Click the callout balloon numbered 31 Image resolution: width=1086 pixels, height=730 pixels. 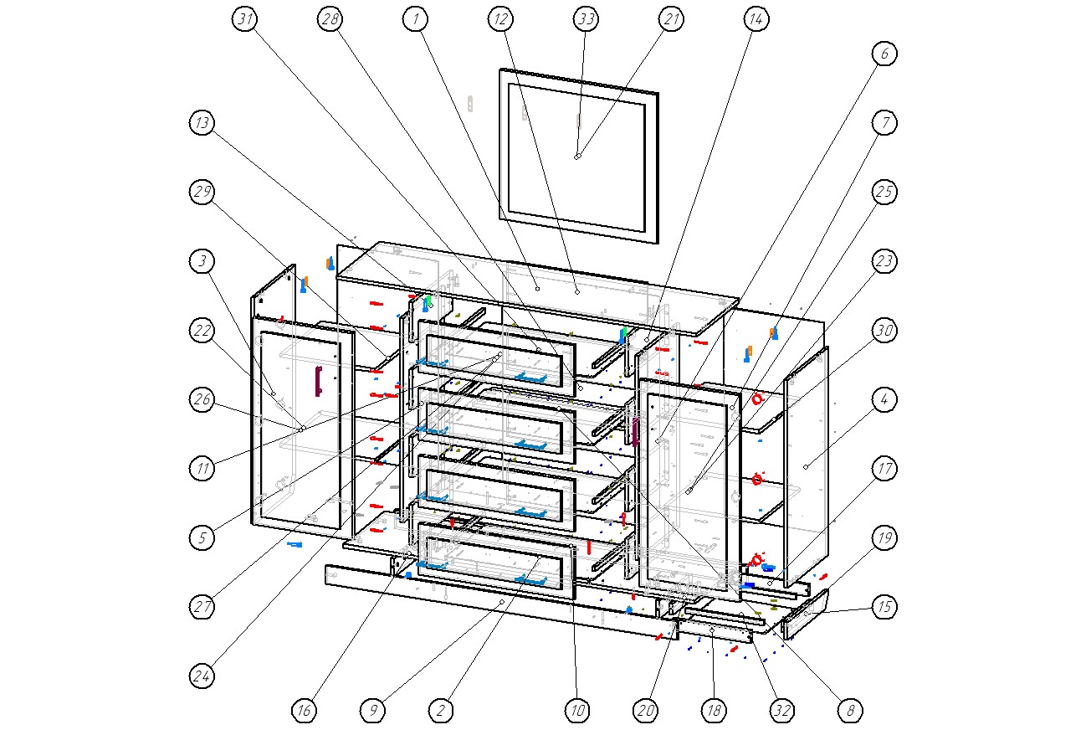pyautogui.click(x=244, y=19)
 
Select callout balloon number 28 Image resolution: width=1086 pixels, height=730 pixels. pyautogui.click(x=330, y=19)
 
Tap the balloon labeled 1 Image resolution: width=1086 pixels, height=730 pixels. pyautogui.click(x=415, y=19)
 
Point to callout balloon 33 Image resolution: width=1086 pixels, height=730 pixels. pyautogui.click(x=586, y=19)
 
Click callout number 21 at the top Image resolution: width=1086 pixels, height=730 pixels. pyautogui.click(x=671, y=19)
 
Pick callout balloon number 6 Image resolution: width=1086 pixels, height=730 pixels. pyautogui.click(x=884, y=54)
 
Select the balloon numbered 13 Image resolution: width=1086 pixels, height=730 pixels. pyautogui.click(x=202, y=123)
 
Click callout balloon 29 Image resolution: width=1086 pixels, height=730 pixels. pyautogui.click(x=202, y=192)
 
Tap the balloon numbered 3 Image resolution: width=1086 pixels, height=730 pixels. pyautogui.click(x=202, y=261)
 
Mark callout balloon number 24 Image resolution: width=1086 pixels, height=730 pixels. pyautogui.click(x=202, y=676)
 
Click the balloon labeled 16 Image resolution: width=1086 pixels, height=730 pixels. pyautogui.click(x=305, y=711)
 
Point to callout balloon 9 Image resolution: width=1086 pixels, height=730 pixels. pyautogui.click(x=373, y=711)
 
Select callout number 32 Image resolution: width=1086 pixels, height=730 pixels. pyautogui.click(x=781, y=711)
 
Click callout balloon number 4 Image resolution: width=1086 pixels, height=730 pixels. pyautogui.click(x=884, y=400)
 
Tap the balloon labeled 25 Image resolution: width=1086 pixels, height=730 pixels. pyautogui.click(x=884, y=192)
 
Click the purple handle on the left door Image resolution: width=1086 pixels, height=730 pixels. pyautogui.click(x=318, y=381)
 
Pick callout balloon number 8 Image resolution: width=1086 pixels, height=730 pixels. pyautogui.click(x=850, y=711)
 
